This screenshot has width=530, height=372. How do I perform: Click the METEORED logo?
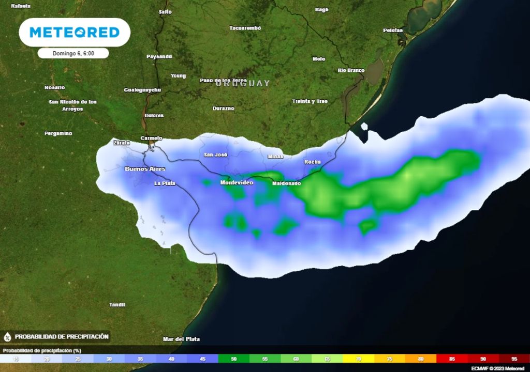click(75, 33)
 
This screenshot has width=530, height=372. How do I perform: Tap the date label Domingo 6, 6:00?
click(73, 53)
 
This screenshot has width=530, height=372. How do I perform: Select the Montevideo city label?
click(237, 183)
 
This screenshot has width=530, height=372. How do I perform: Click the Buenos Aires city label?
click(145, 169)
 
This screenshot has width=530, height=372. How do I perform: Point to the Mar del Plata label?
click(181, 339)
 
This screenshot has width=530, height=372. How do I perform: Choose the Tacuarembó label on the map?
click(245, 28)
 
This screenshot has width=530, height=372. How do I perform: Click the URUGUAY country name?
click(243, 83)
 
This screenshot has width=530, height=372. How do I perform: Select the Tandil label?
click(117, 305)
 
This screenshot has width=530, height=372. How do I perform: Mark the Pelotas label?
click(393, 30)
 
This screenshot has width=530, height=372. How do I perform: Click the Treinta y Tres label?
click(310, 101)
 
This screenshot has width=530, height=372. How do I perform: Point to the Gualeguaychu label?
click(142, 90)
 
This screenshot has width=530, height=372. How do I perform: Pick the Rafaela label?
click(21, 6)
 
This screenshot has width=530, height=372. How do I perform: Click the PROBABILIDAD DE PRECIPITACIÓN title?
click(62, 336)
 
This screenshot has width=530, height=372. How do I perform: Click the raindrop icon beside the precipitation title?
click(8, 337)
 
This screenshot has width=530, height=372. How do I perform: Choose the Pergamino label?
click(58, 133)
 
